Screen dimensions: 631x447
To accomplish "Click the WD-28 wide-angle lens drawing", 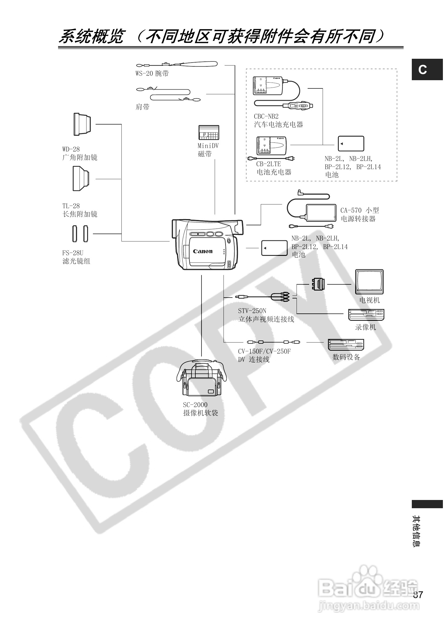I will [x=82, y=124].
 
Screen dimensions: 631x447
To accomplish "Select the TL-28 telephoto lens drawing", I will [x=81, y=179].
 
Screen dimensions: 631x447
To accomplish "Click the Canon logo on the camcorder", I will [x=202, y=251].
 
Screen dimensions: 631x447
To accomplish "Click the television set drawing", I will [x=369, y=281].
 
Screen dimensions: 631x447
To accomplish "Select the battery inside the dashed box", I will [x=351, y=144].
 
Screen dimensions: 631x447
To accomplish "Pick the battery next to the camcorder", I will [x=274, y=248].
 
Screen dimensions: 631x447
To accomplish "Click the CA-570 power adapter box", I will [x=321, y=213].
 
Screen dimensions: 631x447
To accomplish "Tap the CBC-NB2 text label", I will [x=266, y=116].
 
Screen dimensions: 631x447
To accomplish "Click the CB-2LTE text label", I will [x=268, y=164].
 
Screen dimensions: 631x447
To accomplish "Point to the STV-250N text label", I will [x=252, y=311].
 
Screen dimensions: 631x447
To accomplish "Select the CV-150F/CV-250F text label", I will [x=264, y=351].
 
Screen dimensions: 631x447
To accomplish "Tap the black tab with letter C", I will [x=427, y=70].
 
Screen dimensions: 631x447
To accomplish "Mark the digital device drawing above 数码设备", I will [x=346, y=345].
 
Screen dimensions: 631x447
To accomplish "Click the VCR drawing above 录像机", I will [x=366, y=315].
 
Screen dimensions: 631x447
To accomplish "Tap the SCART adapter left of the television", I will [x=318, y=284].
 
